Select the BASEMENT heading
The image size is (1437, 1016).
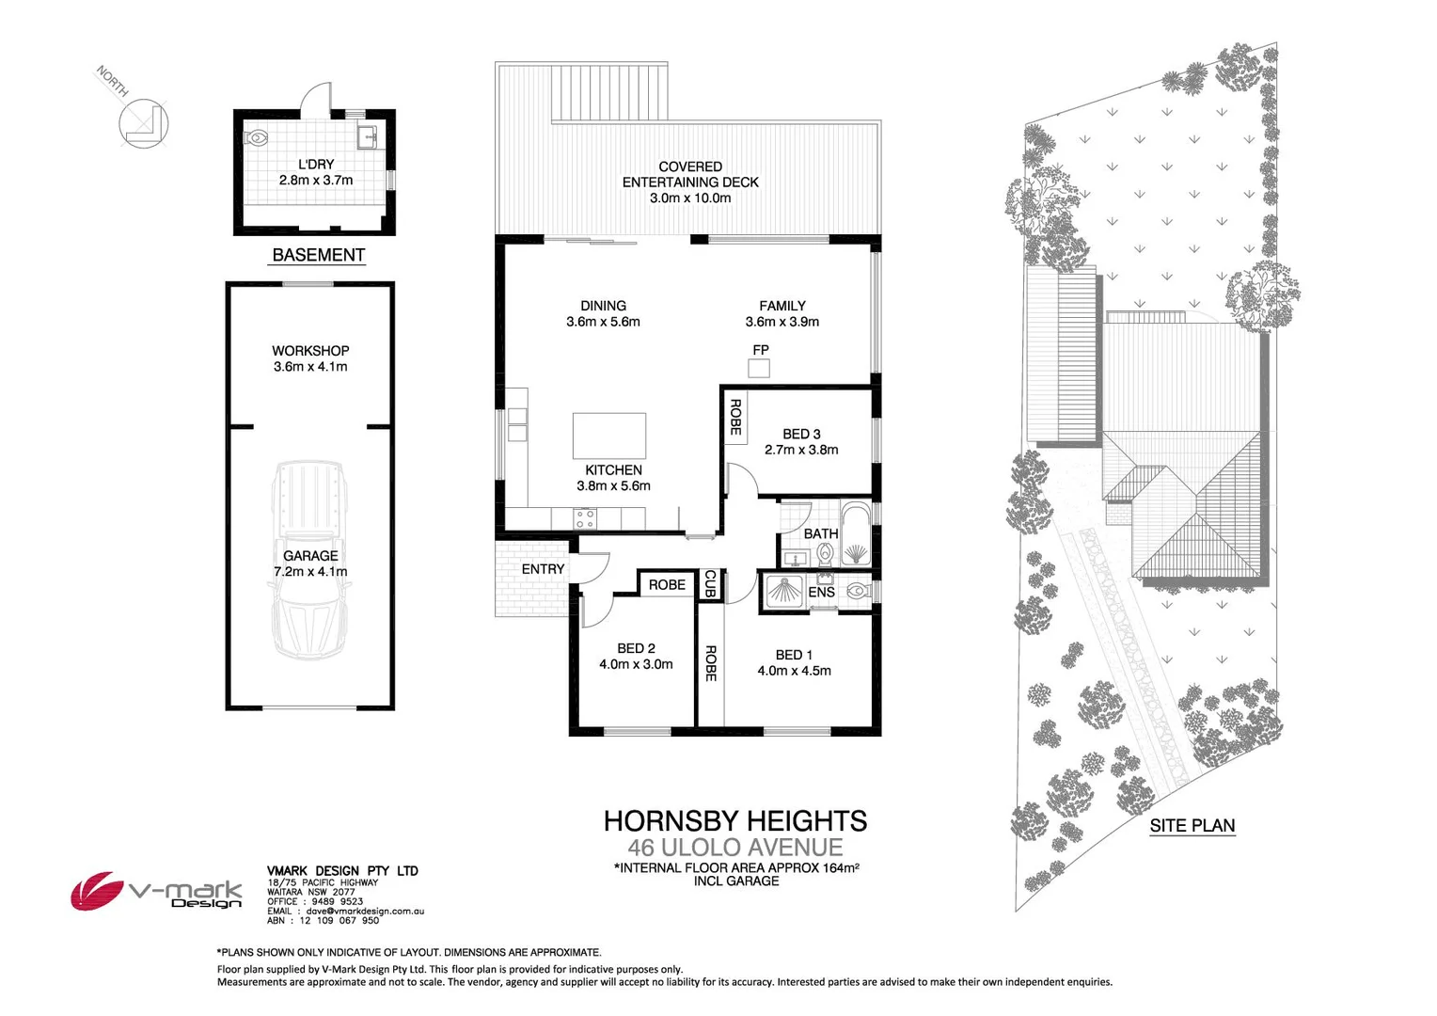318,255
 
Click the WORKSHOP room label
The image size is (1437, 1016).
310,351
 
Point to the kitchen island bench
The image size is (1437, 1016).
609,436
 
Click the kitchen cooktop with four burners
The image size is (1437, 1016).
585,517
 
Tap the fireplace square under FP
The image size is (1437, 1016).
759,368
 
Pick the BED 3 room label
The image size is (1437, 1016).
801,434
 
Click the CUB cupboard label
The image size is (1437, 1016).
710,583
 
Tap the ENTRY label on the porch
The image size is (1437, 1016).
543,569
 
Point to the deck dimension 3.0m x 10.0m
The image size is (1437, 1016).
690,198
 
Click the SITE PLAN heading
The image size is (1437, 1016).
1192,826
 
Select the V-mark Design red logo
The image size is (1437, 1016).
97,890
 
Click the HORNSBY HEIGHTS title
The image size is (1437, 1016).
734,820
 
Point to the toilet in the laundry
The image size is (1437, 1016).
256,137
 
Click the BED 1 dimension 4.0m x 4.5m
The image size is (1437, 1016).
794,671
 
